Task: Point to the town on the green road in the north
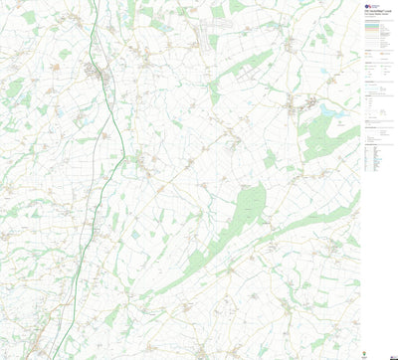100,71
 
